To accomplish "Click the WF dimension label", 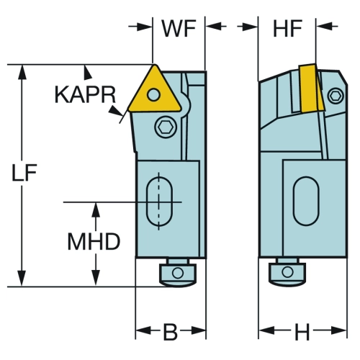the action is point(179,29).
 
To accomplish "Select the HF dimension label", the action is point(287,29).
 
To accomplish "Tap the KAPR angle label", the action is point(86,95).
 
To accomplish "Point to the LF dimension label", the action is point(24,172).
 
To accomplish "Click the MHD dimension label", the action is point(94,241).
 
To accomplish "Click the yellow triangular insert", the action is point(154,92).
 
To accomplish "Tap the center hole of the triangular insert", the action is point(153,94).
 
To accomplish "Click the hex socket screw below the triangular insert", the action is point(166,127).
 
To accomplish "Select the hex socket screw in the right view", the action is point(336,96).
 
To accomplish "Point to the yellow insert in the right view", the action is point(311,88).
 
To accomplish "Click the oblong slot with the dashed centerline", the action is point(159,202).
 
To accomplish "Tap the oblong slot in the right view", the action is point(306,201).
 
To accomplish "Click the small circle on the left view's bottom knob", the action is point(178,273).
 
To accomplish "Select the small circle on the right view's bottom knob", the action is point(287,272).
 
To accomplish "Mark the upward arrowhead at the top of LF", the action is point(22,72).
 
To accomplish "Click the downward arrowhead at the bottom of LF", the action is point(22,279).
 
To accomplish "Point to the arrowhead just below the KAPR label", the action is point(115,110).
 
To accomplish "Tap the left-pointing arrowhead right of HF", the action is point(325,26).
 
